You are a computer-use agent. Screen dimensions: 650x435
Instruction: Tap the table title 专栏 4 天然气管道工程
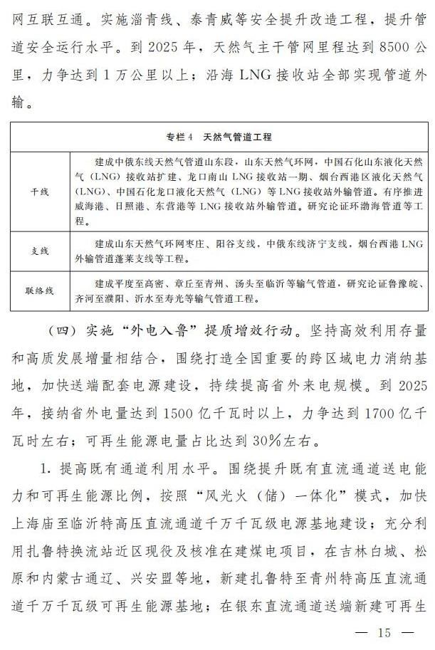[x=219, y=136]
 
